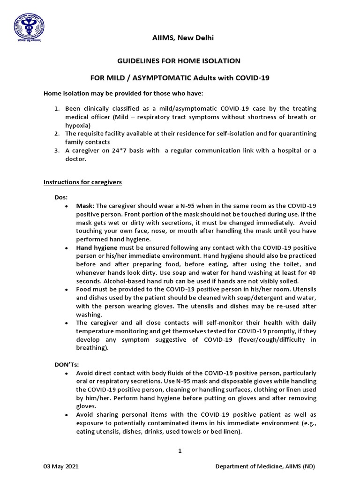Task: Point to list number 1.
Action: coord(57,108)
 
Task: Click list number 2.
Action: coord(57,134)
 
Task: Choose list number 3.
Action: coord(57,150)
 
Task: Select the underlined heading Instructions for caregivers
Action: coord(82,182)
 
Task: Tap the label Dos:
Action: coord(61,198)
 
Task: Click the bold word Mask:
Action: coord(85,206)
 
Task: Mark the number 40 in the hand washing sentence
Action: coord(312,272)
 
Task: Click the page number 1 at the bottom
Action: coord(180,451)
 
